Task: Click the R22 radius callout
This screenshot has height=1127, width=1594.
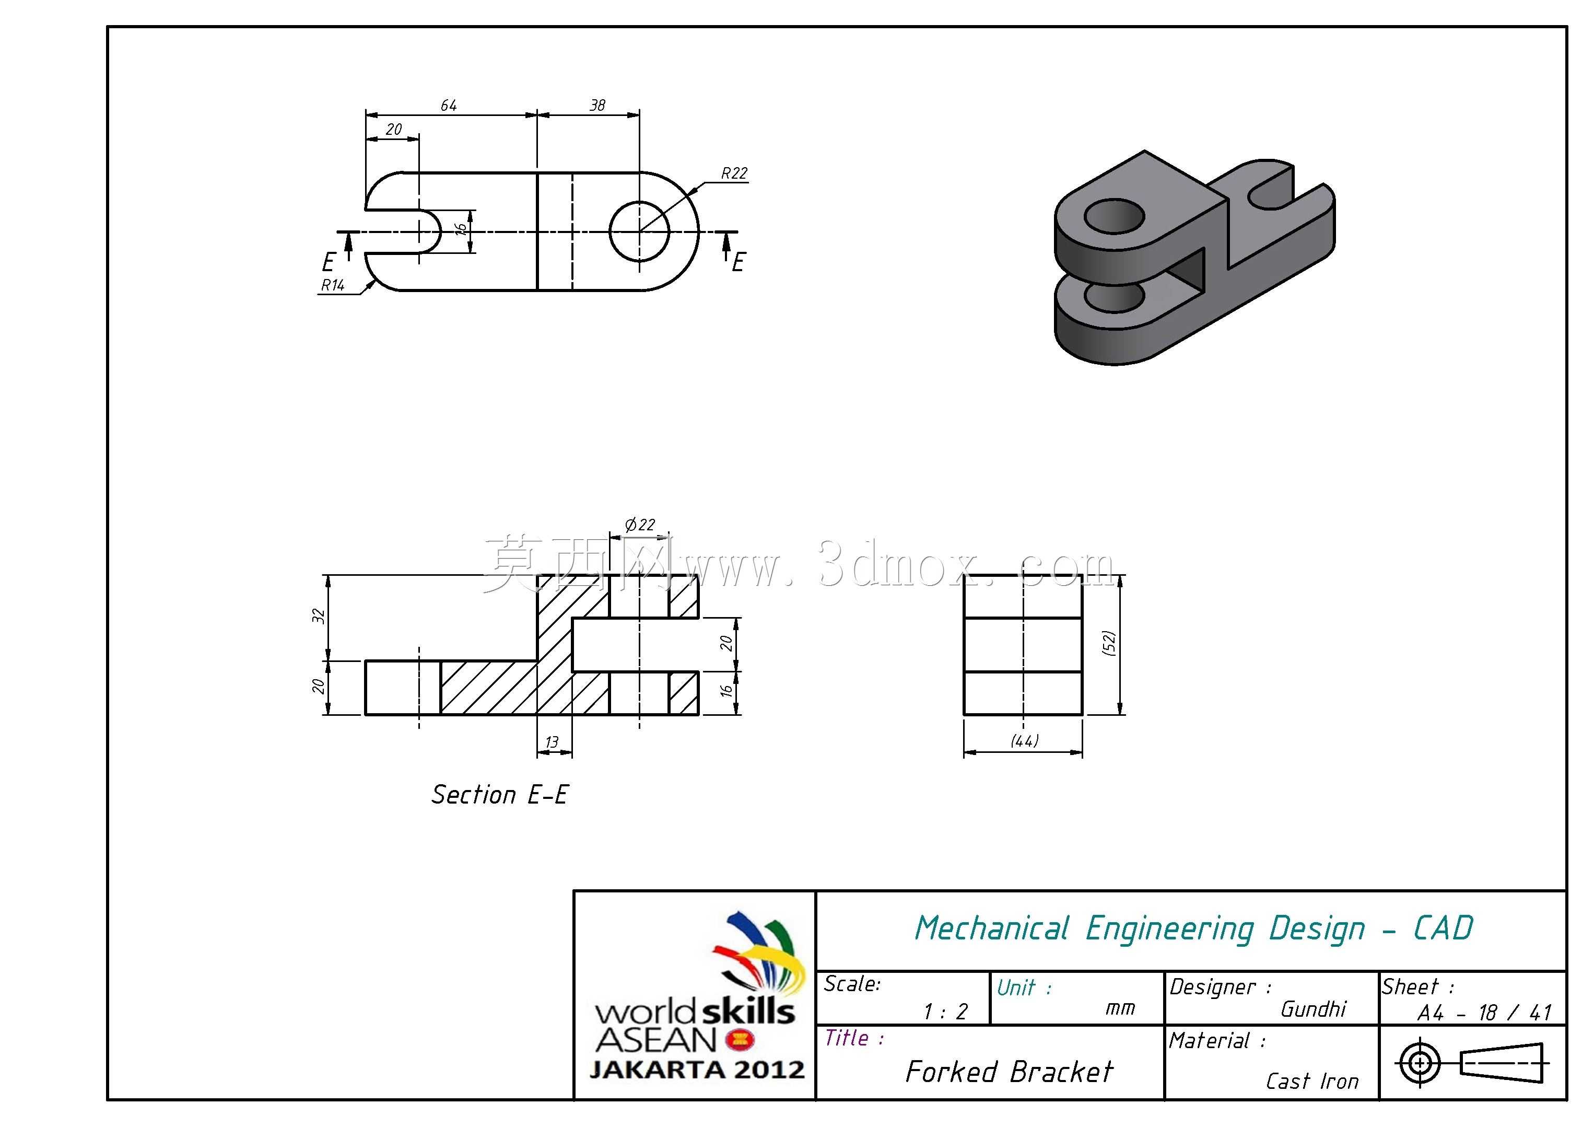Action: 734,173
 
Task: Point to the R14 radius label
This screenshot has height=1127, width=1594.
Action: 333,285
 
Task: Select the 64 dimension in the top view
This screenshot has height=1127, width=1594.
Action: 449,106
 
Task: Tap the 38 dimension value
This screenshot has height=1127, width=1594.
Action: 597,106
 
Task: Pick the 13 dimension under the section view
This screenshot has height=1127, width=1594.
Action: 552,742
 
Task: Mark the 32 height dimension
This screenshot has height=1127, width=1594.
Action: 319,616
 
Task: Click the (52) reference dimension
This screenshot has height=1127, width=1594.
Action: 1109,643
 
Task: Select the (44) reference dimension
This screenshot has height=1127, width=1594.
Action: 1024,741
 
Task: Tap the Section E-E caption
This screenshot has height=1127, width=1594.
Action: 500,794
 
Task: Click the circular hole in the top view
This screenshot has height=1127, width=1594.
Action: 639,231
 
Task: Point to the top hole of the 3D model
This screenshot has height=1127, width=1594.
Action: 1114,217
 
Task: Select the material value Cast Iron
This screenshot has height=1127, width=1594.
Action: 1312,1081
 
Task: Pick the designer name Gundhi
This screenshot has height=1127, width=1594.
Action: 1314,1009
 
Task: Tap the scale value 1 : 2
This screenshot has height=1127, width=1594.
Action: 945,1012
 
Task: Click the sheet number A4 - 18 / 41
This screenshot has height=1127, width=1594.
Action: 1484,1013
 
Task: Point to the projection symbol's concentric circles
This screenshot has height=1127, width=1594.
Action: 1421,1062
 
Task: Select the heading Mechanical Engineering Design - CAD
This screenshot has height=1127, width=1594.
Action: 1193,928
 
